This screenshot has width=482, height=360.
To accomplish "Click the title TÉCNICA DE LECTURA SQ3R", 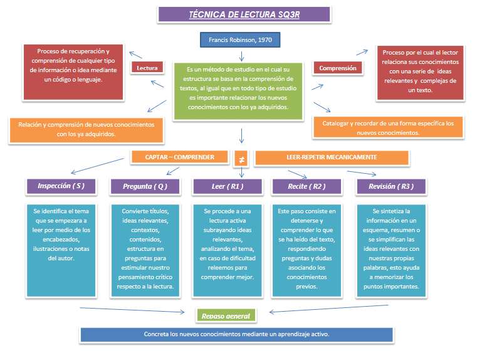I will [x=244, y=14].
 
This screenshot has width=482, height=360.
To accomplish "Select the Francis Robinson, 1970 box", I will [x=240, y=41].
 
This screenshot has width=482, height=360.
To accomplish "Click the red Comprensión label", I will [x=337, y=68].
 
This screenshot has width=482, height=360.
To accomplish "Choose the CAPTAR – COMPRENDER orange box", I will [x=181, y=157].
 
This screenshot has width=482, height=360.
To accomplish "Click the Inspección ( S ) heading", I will [x=61, y=186].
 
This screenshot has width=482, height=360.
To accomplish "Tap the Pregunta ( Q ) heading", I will [x=144, y=186].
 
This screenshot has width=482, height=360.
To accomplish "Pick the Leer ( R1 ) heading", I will [x=227, y=186].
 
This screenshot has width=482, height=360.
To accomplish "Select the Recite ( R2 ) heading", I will [x=307, y=186].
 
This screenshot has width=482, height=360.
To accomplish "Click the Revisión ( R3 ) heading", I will [x=391, y=186].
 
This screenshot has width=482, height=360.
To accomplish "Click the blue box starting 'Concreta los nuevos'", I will [x=236, y=334].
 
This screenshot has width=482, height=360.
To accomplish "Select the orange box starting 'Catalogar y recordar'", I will [x=388, y=128].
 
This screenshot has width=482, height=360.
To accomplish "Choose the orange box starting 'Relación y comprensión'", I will [x=86, y=130].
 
